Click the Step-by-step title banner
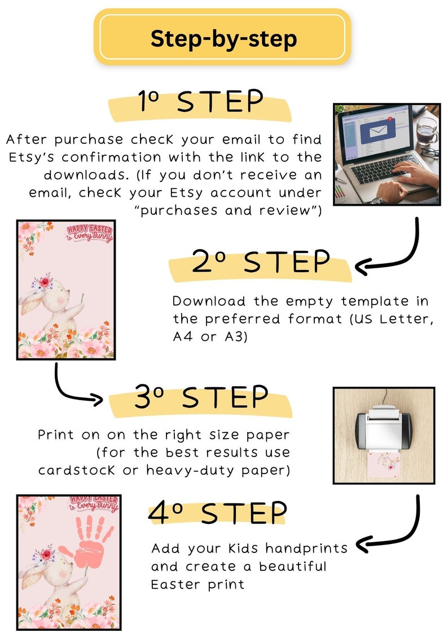(222, 37)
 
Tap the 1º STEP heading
(200, 101)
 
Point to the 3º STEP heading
(201, 397)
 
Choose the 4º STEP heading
(217, 513)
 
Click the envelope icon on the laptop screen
(374, 132)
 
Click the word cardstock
(76, 470)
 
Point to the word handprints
(306, 548)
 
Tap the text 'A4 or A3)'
(210, 337)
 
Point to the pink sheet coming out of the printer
(383, 464)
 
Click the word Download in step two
(209, 301)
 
